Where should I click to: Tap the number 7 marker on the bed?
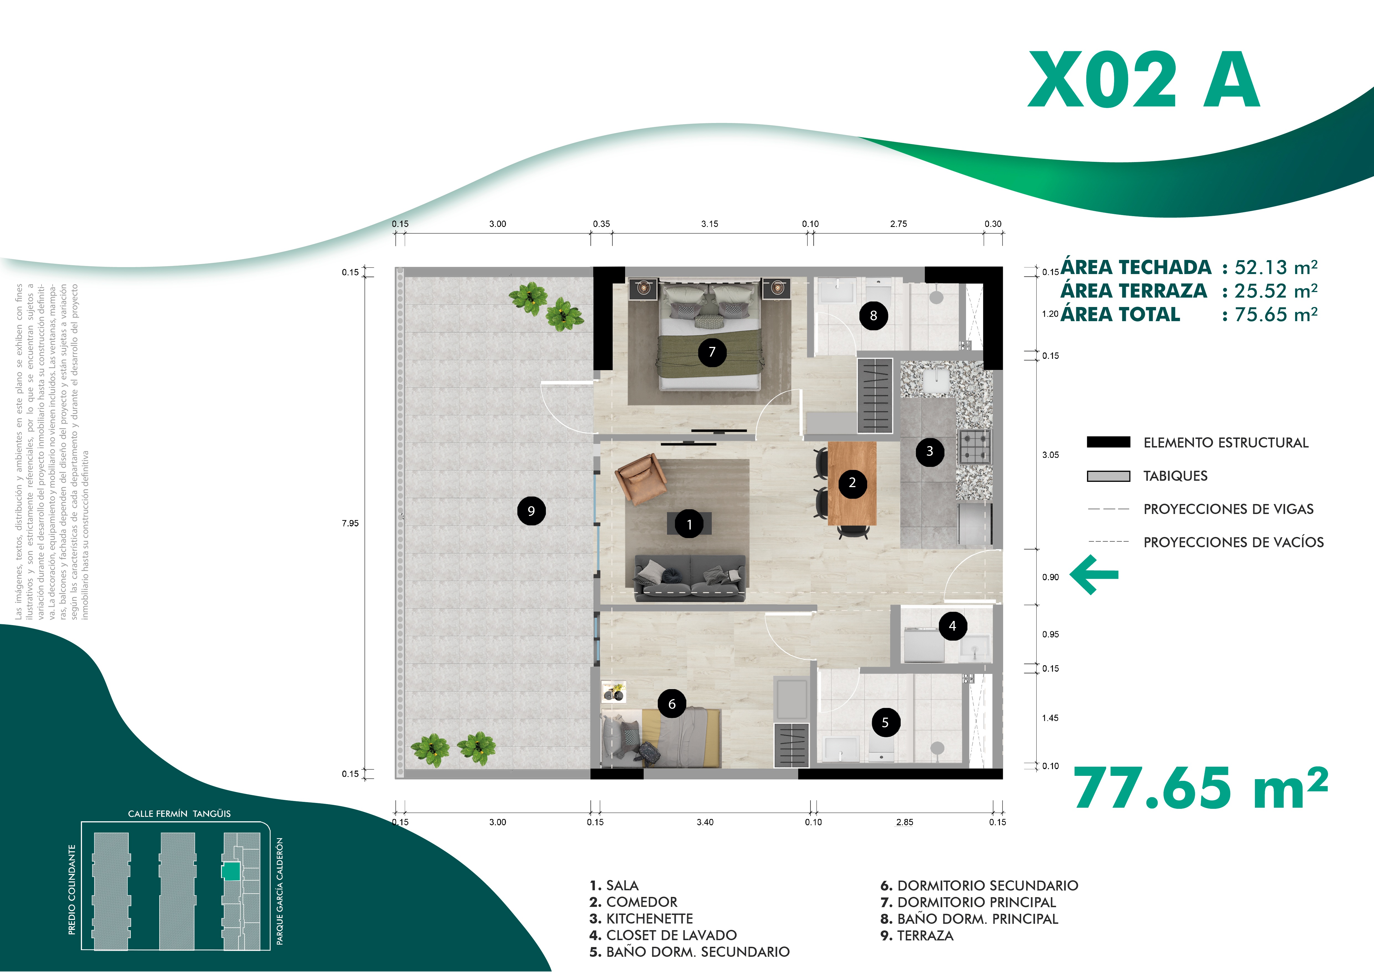pyautogui.click(x=712, y=352)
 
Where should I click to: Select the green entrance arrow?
pyautogui.click(x=1094, y=575)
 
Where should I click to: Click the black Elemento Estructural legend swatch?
pyautogui.click(x=1108, y=442)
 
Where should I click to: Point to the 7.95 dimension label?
pyautogui.click(x=350, y=523)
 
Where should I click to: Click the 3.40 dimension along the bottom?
pyautogui.click(x=705, y=822)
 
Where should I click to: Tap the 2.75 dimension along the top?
pyautogui.click(x=898, y=224)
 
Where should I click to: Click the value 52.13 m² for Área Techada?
pyautogui.click(x=1276, y=267)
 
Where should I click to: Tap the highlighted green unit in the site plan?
pyautogui.click(x=231, y=871)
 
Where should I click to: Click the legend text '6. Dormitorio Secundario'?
pyautogui.click(x=979, y=886)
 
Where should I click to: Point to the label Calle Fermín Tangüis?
pyautogui.click(x=179, y=814)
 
